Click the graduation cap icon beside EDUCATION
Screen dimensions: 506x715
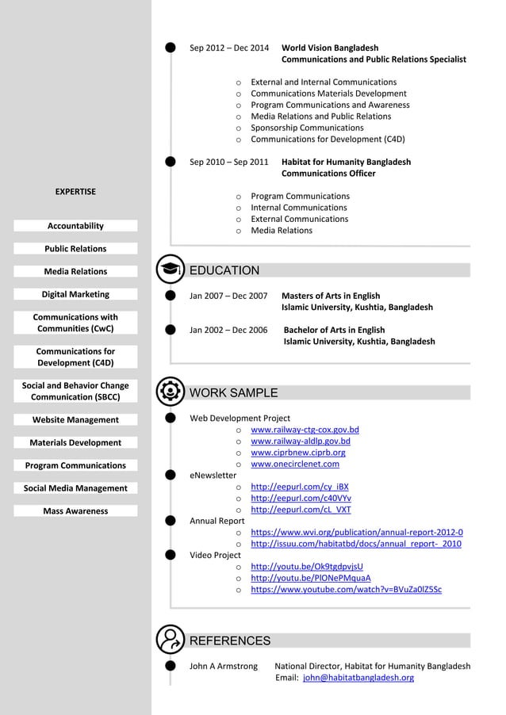169,270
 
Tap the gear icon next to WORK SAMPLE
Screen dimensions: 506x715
169,392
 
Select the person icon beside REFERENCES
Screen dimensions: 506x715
169,640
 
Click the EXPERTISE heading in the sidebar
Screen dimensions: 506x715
75,191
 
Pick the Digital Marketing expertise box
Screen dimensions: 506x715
75,294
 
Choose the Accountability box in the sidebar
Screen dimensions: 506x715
75,226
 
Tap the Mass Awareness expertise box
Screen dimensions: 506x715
75,511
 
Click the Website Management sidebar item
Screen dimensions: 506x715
75,420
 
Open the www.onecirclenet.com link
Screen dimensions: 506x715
295,464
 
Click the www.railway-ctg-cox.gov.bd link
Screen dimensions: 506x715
305,430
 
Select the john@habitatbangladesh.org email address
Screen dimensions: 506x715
358,678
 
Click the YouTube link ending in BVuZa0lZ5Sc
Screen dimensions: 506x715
346,590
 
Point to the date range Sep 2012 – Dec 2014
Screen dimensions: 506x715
229,48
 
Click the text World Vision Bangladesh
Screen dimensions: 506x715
330,48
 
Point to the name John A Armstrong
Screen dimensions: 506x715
224,666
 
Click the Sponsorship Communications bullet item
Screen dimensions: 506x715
307,128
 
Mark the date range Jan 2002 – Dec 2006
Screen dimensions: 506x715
228,330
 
